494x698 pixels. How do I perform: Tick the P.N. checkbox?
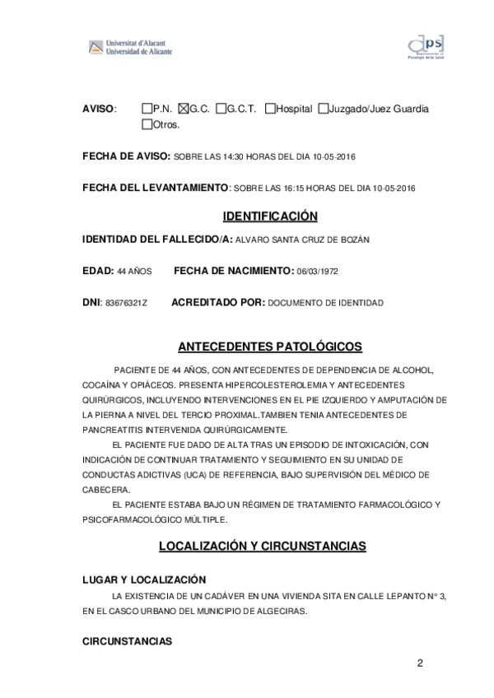tap(147, 109)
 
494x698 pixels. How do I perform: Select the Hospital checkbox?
tap(270, 109)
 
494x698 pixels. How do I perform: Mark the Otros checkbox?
tap(147, 125)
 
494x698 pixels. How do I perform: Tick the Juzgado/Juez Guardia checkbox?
tap(323, 109)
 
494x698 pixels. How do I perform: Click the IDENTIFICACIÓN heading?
tap(270, 216)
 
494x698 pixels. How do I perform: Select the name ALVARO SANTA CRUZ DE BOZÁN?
tap(302, 240)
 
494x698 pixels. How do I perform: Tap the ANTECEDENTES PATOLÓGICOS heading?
tap(270, 347)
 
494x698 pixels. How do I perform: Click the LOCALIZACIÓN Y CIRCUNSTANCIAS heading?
tap(273, 547)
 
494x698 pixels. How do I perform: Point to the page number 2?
tap(420, 663)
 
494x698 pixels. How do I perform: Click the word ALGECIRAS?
tap(282, 612)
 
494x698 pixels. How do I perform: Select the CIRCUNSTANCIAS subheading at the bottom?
tap(128, 640)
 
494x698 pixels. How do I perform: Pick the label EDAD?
tap(98, 271)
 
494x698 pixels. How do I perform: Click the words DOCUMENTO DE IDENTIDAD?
tap(325, 303)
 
